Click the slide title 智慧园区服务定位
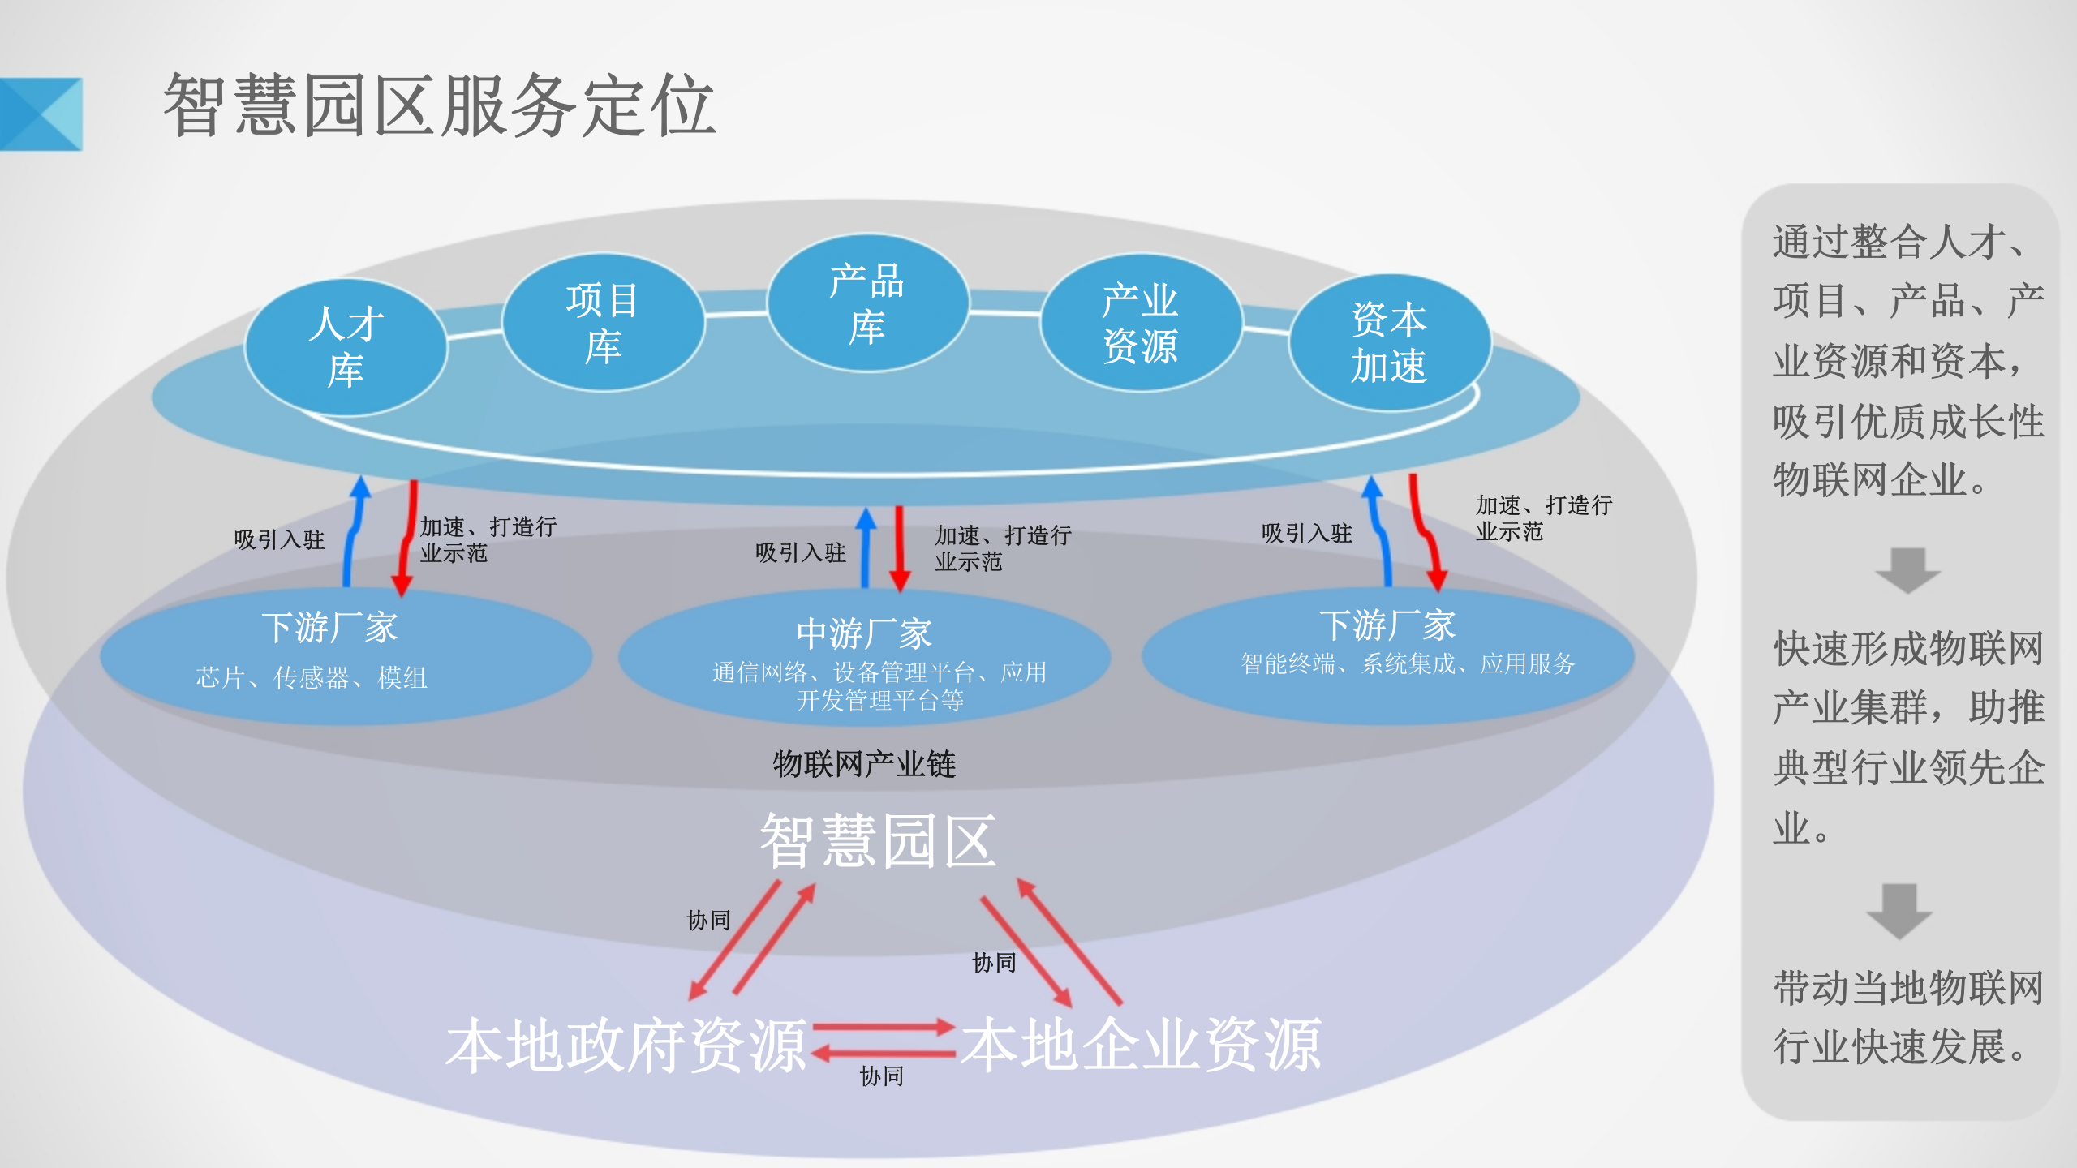(439, 105)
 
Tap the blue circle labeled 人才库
(346, 347)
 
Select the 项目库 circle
(603, 323)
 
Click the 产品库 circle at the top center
(867, 303)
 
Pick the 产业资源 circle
(1140, 323)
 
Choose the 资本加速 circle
(1389, 342)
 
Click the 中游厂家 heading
(864, 633)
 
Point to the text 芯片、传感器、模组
(312, 677)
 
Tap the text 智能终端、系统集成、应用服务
(1408, 664)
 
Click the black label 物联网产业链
(864, 764)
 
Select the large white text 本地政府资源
(626, 1046)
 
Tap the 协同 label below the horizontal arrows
(882, 1076)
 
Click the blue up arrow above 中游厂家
(866, 547)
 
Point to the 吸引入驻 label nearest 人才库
(279, 540)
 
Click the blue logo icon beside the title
(41, 114)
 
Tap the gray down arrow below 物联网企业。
(1907, 570)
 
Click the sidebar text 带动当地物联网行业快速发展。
(1907, 1017)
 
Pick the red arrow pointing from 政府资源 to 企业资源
(884, 1028)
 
